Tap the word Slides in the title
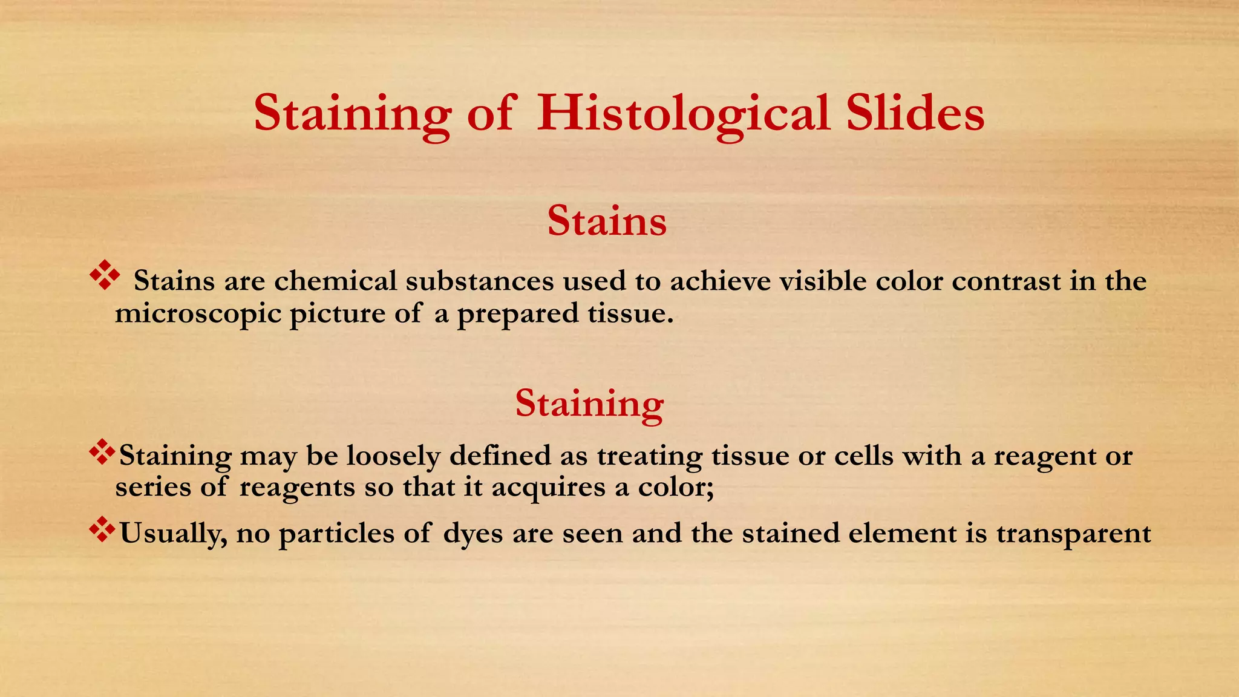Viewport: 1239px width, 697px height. point(915,114)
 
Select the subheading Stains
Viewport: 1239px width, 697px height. point(607,221)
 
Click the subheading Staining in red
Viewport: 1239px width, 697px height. point(589,404)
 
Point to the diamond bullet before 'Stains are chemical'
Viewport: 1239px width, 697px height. point(105,275)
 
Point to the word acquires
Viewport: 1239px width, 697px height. point(548,488)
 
